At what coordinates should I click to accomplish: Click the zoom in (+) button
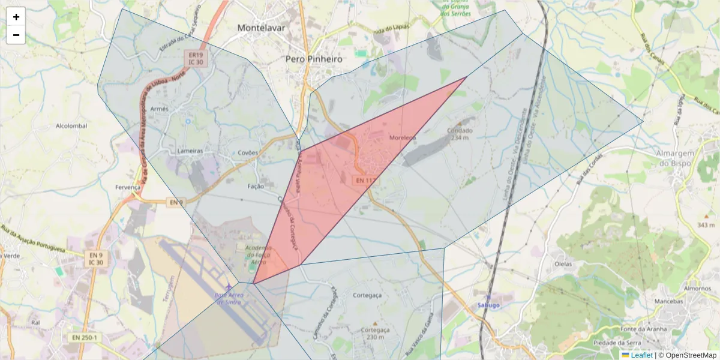(16, 17)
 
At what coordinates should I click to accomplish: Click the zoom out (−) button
(16, 35)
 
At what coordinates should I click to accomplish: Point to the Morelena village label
(402, 137)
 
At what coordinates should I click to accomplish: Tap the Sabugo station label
(488, 305)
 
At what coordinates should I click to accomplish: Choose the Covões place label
(247, 153)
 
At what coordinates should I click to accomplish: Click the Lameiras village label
(190, 151)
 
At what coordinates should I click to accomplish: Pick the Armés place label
(160, 109)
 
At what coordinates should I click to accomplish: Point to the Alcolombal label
(71, 126)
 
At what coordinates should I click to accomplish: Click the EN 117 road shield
(364, 179)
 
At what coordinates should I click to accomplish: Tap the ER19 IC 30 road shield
(194, 58)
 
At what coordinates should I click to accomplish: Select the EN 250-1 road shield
(84, 338)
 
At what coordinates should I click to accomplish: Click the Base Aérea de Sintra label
(229, 298)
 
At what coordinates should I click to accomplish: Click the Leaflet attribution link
(641, 355)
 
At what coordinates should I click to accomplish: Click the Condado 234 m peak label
(460, 134)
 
